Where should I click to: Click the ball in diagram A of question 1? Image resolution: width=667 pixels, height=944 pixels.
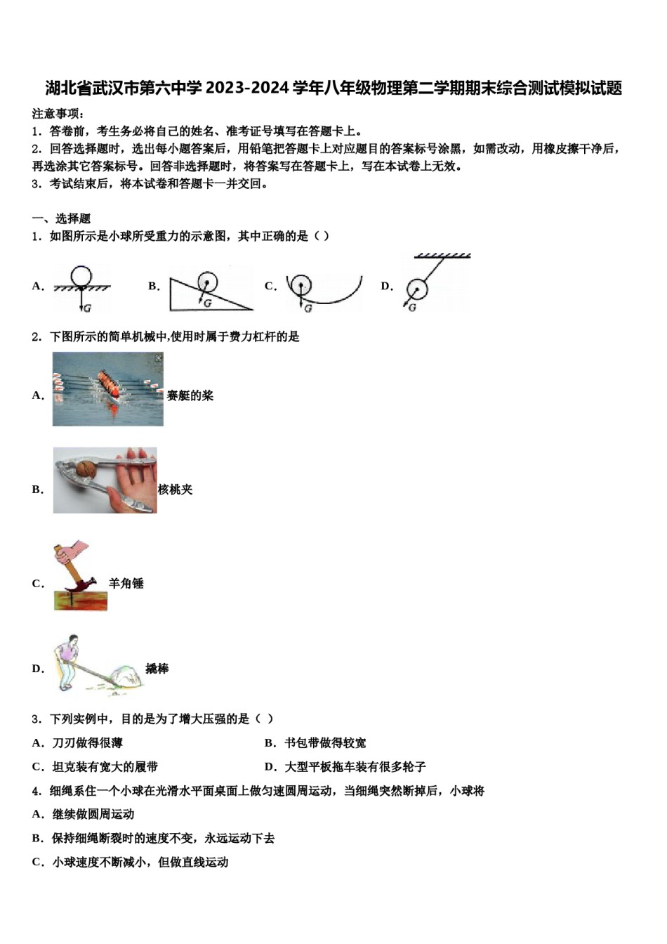coord(81,277)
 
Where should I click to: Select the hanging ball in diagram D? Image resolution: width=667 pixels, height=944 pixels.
coord(417,289)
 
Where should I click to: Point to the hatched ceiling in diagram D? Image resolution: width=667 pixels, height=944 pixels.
coord(442,256)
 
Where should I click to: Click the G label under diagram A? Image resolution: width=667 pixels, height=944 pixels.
coord(87,308)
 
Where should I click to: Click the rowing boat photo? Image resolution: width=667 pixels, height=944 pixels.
coord(107,389)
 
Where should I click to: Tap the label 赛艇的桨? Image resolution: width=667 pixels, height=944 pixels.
coord(190,395)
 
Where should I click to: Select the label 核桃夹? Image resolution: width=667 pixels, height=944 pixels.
coord(175,490)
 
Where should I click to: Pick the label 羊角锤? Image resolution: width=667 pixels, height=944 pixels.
coord(126,583)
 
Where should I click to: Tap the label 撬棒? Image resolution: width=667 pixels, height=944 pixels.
coord(157,669)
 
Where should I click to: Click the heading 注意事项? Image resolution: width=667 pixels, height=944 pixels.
coord(58,114)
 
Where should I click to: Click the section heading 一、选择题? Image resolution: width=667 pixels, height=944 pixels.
coord(61,218)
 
